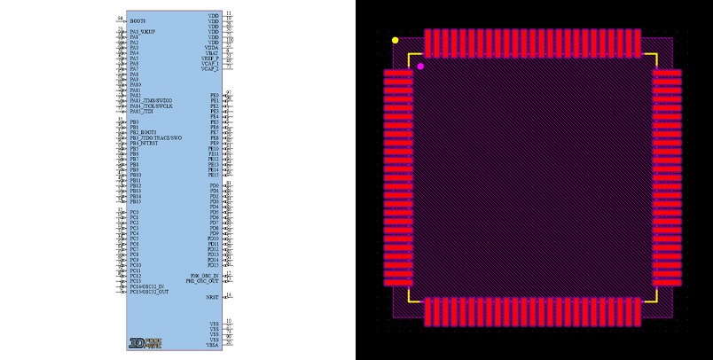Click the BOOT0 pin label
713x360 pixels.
[x=137, y=20]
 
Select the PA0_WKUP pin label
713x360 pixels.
[x=143, y=32]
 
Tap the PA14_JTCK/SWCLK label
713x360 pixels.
[x=151, y=106]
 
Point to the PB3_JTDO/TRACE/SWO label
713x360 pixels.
[x=156, y=138]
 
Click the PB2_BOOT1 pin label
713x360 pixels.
[x=143, y=133]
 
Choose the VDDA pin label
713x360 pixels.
[x=212, y=47]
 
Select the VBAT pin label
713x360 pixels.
[x=213, y=52]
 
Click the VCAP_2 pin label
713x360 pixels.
[x=210, y=68]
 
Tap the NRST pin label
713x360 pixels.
[x=213, y=297]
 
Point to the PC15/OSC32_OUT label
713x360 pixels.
[x=149, y=292]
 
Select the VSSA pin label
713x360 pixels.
[x=213, y=344]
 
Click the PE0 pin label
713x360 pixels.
[x=214, y=95]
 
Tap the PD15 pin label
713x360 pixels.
[x=213, y=265]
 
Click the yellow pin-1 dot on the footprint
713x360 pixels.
[x=395, y=40]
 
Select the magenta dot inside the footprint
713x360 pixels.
[x=420, y=67]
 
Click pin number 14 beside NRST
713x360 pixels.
[x=229, y=295]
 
